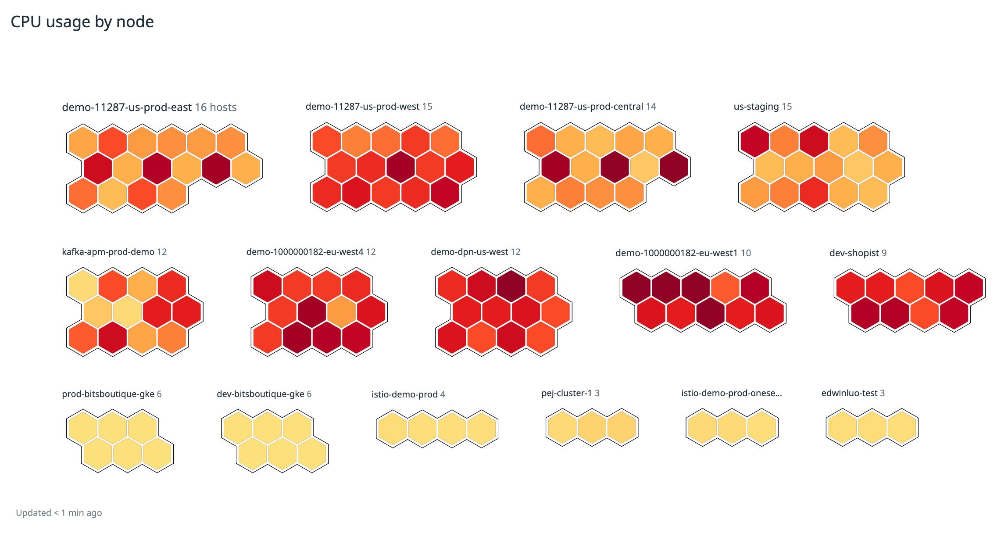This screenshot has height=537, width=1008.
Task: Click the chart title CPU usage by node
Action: tap(82, 22)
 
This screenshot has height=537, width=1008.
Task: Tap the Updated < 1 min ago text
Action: tap(59, 512)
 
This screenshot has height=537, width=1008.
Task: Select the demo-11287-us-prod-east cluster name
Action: tap(127, 107)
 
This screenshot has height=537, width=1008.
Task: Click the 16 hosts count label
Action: tap(215, 107)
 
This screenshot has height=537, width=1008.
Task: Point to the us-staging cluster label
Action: tap(756, 107)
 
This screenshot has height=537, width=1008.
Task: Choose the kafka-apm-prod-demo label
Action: tap(108, 252)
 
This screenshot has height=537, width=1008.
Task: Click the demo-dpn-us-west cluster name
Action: tap(469, 252)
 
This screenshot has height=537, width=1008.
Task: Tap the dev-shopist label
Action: tap(854, 253)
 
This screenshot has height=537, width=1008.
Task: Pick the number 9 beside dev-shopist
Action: tap(884, 253)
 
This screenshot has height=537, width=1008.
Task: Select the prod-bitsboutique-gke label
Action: tap(108, 394)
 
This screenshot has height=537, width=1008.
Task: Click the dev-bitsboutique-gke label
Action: tap(260, 394)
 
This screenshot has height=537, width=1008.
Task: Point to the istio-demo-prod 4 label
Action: tap(408, 394)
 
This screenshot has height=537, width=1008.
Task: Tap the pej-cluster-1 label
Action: tap(566, 393)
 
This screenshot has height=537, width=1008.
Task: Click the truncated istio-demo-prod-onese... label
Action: tap(731, 393)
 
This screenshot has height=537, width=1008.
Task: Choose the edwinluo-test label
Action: tap(849, 393)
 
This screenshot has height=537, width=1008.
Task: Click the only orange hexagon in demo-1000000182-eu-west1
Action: tap(725, 287)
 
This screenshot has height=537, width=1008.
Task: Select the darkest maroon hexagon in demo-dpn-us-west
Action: tap(511, 286)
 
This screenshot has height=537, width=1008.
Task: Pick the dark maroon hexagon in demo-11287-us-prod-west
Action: tap(400, 167)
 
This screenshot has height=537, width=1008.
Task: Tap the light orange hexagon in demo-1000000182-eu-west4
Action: tap(341, 312)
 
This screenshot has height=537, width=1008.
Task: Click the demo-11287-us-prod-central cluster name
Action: tap(581, 107)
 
